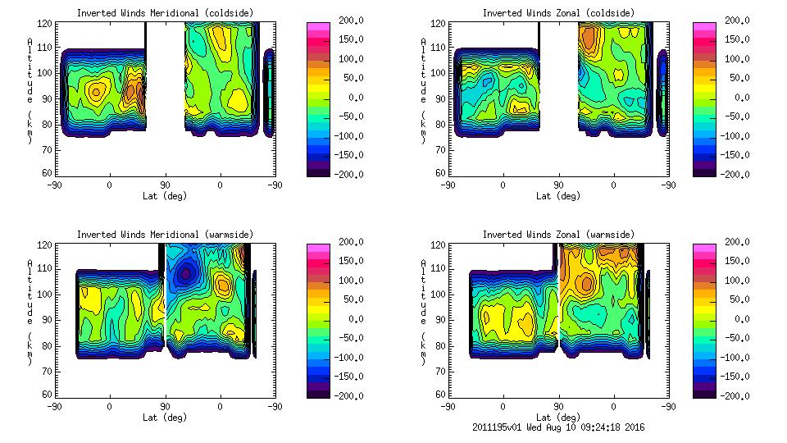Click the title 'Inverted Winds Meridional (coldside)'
click(x=165, y=13)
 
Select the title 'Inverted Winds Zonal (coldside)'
click(x=558, y=13)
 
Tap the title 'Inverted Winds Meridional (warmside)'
click(x=165, y=235)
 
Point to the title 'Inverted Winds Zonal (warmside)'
click(x=558, y=235)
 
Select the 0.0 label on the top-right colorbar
click(x=740, y=97)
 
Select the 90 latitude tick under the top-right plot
click(x=558, y=185)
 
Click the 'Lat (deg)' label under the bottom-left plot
click(x=165, y=417)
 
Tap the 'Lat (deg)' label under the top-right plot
click(x=558, y=196)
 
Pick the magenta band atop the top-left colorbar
click(x=319, y=27)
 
